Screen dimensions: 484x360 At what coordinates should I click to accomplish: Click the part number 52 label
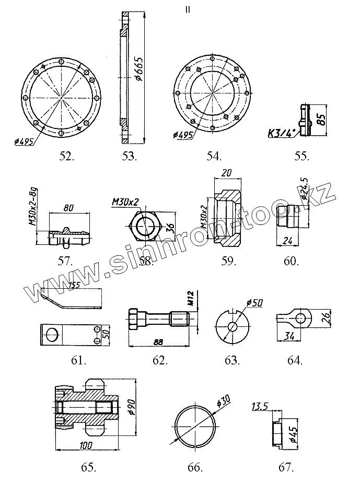(67, 155)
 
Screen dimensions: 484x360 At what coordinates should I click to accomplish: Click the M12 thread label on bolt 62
(191, 298)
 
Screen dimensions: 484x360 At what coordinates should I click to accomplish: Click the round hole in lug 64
(300, 317)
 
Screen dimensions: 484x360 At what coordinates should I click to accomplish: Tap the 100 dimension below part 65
(86, 445)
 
